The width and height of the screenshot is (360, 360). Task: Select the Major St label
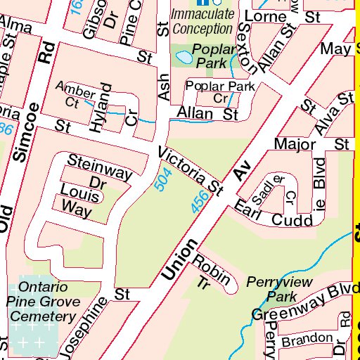pos(310,144)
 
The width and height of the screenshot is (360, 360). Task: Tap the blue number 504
pos(162,182)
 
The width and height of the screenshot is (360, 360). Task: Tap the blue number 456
pos(200,205)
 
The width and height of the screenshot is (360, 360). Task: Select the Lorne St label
pos(282,15)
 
